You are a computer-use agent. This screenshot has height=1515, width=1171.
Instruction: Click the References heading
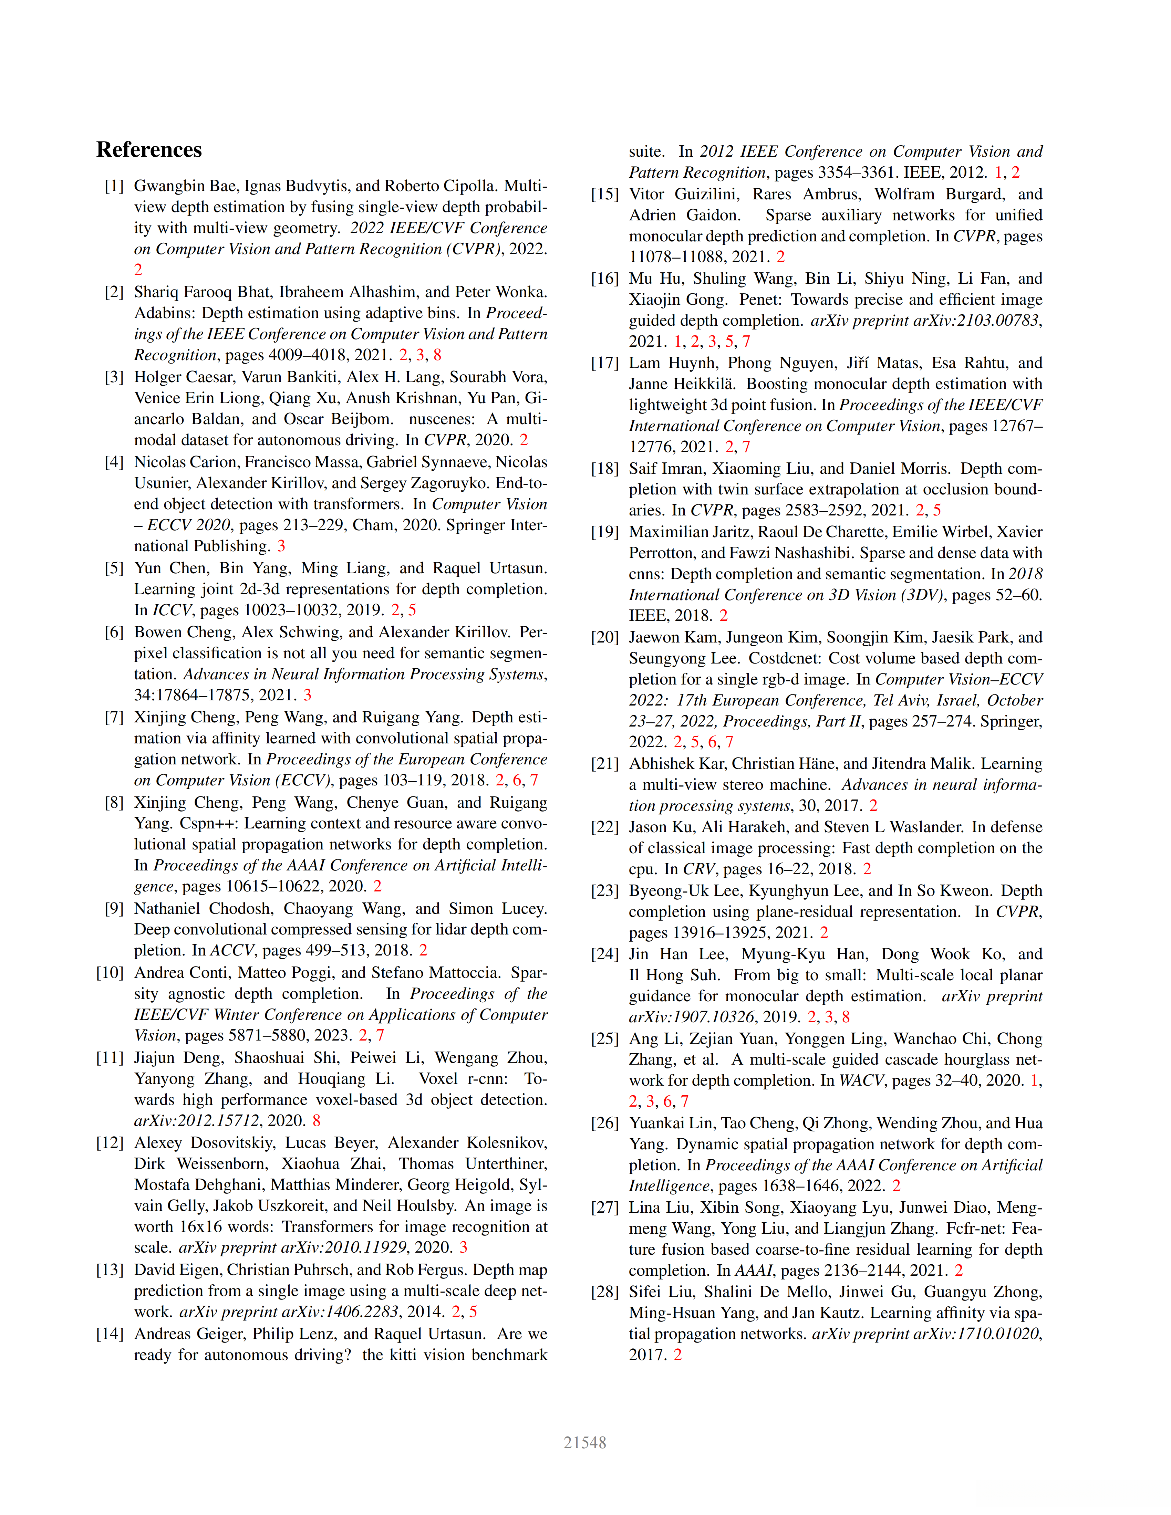coord(149,150)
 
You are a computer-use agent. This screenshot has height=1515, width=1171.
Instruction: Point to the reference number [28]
coord(604,1292)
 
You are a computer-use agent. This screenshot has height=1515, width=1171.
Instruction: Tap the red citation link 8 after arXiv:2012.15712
coord(316,1120)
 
